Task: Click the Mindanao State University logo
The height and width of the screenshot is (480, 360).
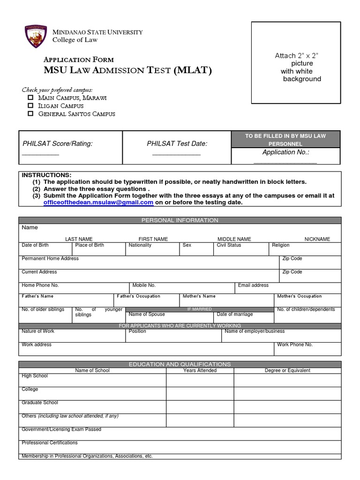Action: pos(35,37)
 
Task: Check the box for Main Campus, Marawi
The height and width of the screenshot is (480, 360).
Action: pos(30,97)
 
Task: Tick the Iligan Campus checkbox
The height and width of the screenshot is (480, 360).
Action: pos(30,105)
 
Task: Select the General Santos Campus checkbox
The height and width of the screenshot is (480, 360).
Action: pos(30,113)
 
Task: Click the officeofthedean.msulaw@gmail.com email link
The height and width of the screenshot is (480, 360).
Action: pos(98,202)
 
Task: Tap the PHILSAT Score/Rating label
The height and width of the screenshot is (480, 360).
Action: pos(58,143)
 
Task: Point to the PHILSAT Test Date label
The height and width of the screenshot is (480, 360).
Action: pos(177,143)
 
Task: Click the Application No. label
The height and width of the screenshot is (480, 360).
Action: pos(285,152)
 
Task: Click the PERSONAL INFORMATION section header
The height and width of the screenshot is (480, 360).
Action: pos(180,220)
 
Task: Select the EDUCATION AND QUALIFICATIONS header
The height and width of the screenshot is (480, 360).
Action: pos(180,364)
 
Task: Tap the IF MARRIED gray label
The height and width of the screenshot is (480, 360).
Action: pos(199,309)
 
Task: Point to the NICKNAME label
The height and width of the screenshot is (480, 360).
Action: pos(317,239)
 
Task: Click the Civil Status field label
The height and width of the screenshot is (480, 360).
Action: pos(229,245)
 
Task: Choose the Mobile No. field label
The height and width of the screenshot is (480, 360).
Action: pos(144,285)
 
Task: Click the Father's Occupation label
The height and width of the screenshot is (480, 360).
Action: pos(138,296)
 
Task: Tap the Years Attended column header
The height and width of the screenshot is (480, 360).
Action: pos(200,370)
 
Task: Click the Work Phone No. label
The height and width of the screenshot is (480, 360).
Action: pos(295,345)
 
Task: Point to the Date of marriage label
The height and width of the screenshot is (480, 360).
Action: pos(235,315)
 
